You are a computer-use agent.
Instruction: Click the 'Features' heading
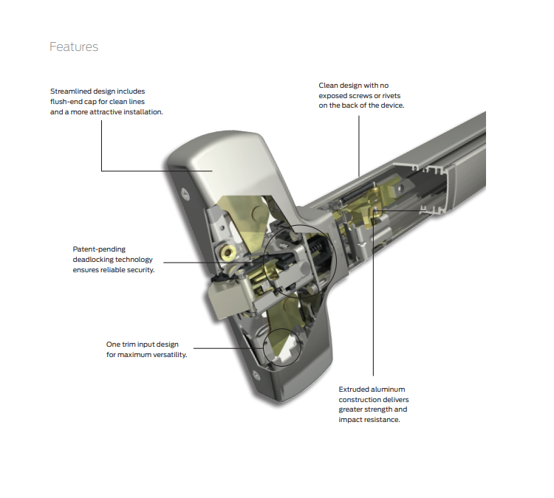[73, 47]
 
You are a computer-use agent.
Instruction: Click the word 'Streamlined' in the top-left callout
[72, 91]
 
